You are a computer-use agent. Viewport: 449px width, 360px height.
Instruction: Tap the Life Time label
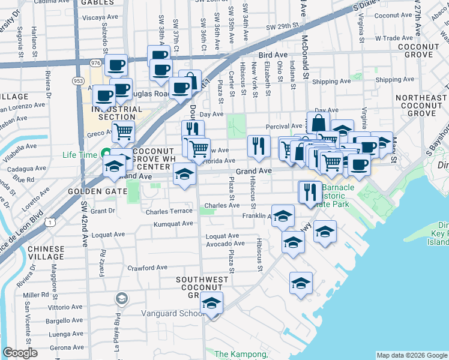tap(80, 155)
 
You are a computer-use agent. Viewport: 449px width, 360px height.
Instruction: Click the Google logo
tap(20, 353)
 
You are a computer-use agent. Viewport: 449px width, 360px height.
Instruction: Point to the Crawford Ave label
tap(146, 268)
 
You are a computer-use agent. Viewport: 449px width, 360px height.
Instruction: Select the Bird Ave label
tap(274, 55)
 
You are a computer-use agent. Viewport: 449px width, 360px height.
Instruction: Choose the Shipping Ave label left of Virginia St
tap(331, 82)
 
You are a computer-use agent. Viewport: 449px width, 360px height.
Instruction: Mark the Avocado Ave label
tap(225, 244)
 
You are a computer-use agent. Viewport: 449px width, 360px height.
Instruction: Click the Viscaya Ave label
tap(97, 18)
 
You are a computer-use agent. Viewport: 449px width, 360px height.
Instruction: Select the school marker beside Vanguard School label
tap(211, 304)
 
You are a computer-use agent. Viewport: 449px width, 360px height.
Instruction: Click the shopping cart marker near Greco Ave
tap(123, 131)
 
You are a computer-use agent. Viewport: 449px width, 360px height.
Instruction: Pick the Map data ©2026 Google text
tap(411, 355)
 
